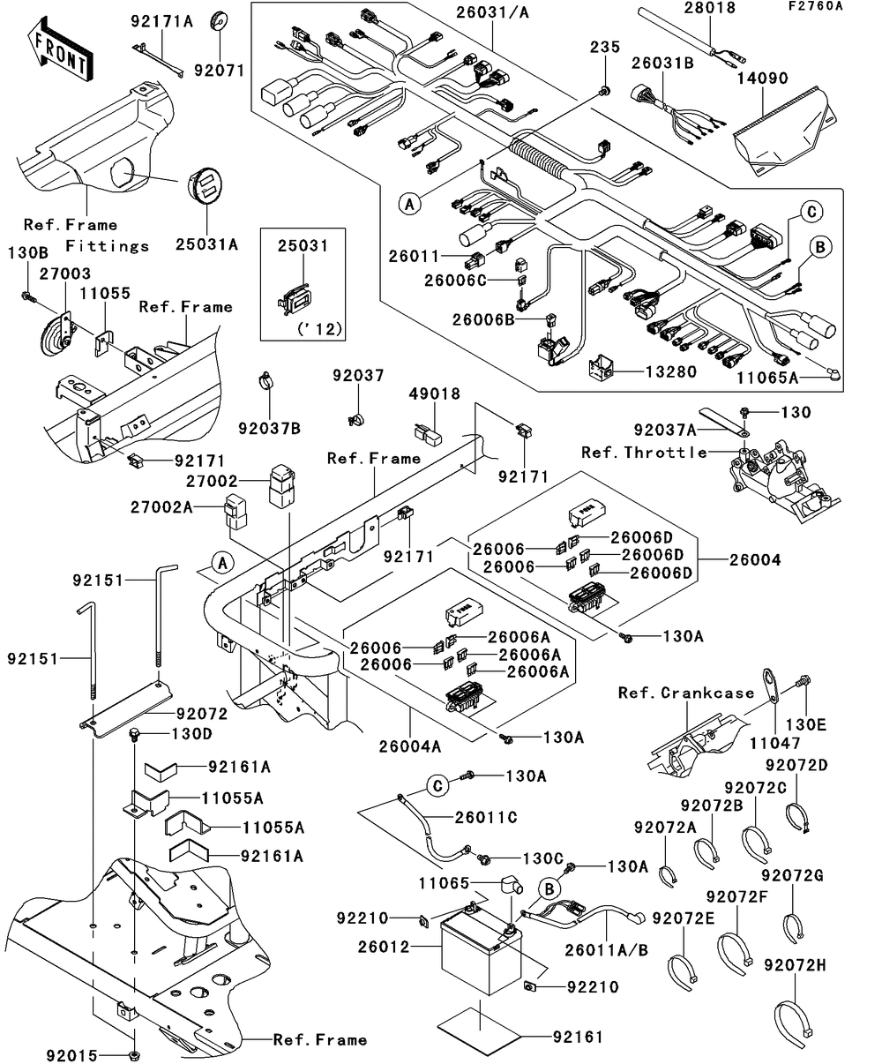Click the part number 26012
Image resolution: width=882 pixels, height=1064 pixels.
click(x=382, y=948)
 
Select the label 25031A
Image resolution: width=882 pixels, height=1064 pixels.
click(x=208, y=245)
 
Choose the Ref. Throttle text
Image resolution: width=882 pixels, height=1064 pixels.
click(x=644, y=453)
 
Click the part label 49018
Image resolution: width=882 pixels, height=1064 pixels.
click(x=434, y=394)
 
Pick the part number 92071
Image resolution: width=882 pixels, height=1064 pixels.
click(x=220, y=69)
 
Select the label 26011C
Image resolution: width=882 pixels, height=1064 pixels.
click(x=486, y=818)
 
